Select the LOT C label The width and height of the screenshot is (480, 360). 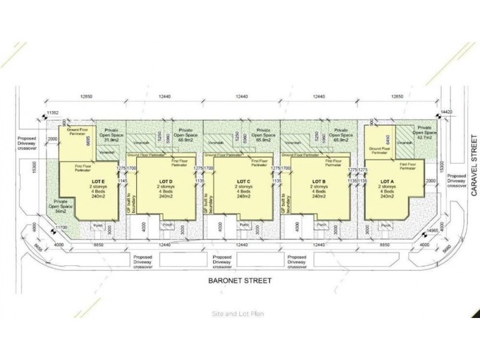pyautogui.click(x=243, y=180)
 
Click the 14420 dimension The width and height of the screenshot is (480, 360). pyautogui.click(x=445, y=112)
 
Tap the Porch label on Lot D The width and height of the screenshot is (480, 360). pyautogui.click(x=169, y=225)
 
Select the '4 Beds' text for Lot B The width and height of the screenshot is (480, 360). pyautogui.click(x=318, y=191)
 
